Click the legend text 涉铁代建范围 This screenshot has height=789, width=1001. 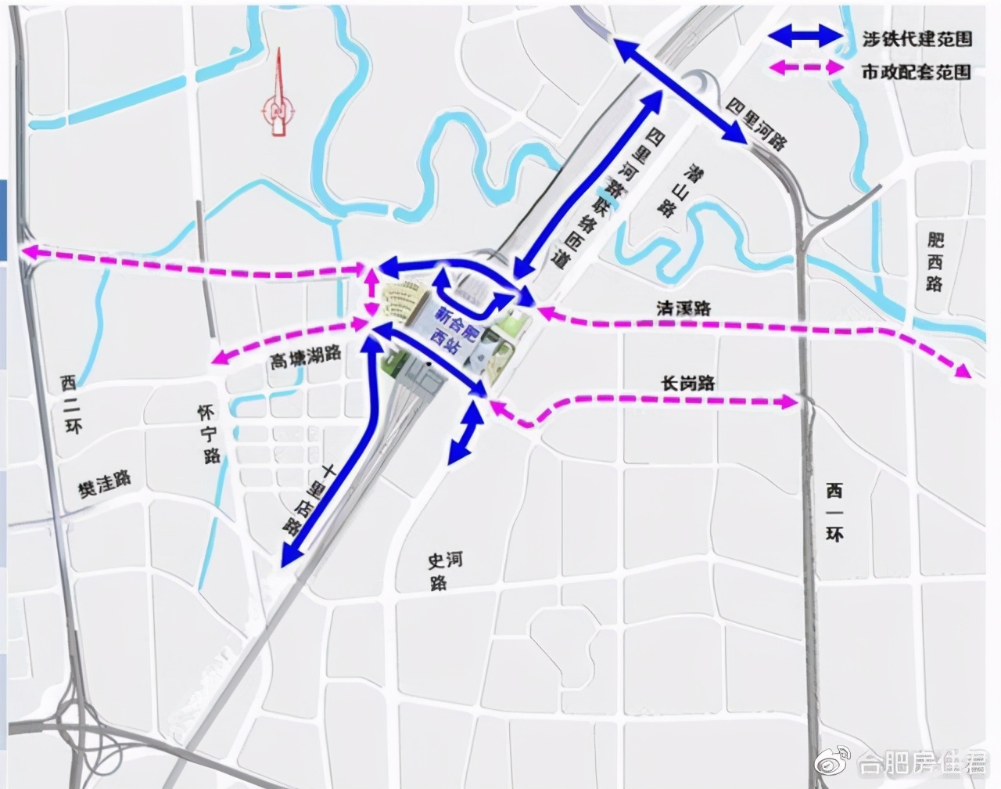pyautogui.click(x=916, y=37)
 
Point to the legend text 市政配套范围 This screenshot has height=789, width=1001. pyautogui.click(x=916, y=71)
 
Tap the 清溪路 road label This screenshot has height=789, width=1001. pyautogui.click(x=683, y=308)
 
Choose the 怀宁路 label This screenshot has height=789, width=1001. pyautogui.click(x=210, y=434)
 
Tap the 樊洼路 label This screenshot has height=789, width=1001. pyautogui.click(x=104, y=483)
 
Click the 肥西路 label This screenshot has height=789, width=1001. pyautogui.click(x=935, y=262)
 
